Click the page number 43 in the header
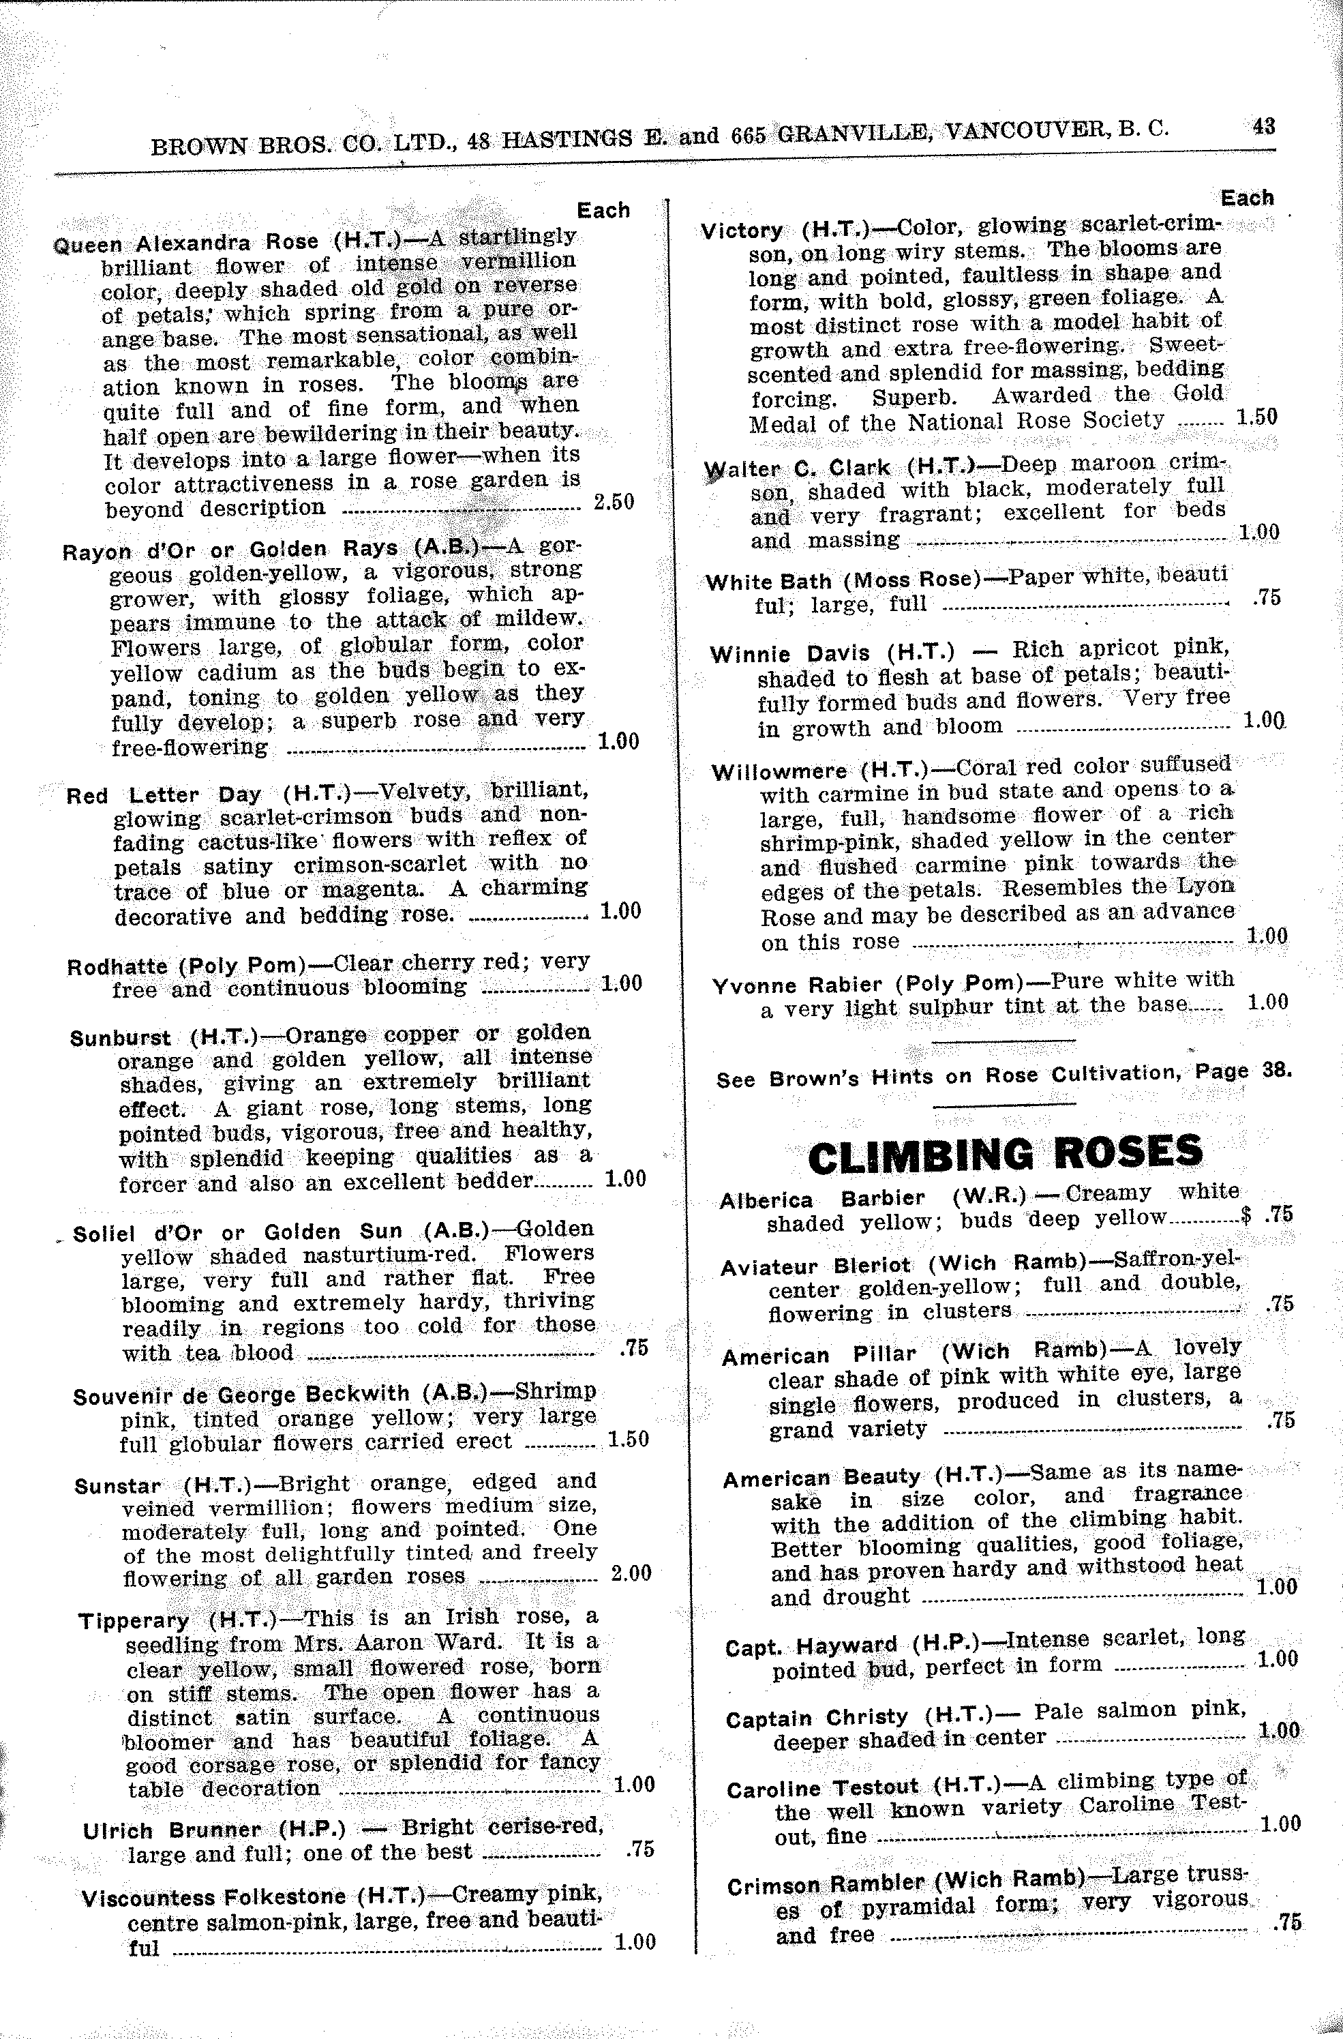point(1263,126)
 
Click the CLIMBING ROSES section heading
point(1005,1154)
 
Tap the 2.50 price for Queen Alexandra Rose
point(614,502)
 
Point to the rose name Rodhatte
point(117,966)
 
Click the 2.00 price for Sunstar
point(631,1573)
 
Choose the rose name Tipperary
point(134,1621)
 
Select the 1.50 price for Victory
point(1256,417)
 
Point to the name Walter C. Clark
point(796,468)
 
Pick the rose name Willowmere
point(779,771)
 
